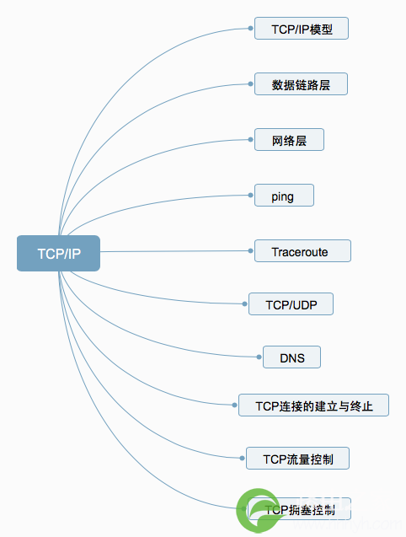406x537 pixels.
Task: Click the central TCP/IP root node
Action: [x=58, y=253]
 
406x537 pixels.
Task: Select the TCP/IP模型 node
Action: [x=301, y=29]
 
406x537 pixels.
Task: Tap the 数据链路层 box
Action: [x=301, y=84]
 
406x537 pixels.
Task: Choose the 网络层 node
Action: [x=289, y=140]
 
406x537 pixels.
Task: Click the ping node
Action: [x=285, y=196]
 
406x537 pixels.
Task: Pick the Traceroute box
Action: [x=302, y=250]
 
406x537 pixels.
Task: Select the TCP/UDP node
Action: [x=291, y=304]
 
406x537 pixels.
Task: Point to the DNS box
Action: [x=291, y=357]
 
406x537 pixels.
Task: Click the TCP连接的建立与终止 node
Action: [x=313, y=405]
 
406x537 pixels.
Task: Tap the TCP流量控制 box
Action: [x=296, y=459]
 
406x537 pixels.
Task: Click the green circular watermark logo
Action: [x=259, y=512]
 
